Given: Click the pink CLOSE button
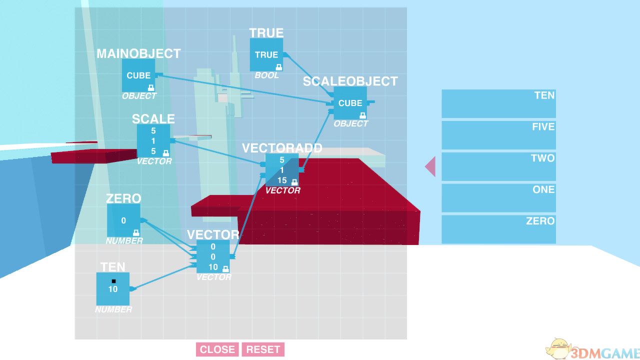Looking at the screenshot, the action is coord(217,349).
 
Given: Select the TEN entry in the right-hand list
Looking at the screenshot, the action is coord(498,103).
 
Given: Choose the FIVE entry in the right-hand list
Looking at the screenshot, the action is coord(498,135).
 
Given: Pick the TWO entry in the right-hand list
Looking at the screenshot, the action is coord(498,166).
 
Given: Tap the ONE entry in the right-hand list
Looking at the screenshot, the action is coord(498,197).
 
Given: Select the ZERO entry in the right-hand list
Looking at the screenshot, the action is coord(498,229).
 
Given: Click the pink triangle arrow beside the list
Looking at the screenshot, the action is coord(430,166).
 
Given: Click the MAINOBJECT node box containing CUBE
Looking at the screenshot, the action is coord(138,75).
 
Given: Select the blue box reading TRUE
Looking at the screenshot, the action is coord(266,54).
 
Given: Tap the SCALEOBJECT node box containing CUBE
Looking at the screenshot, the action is coord(350,103).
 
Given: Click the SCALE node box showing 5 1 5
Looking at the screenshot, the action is coord(153,140).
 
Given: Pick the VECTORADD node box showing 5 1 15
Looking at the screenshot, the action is coord(282,170).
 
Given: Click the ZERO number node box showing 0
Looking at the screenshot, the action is coord(123,220).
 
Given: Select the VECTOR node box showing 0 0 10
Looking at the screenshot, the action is coord(213,256).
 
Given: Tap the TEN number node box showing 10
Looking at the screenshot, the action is coord(113,289).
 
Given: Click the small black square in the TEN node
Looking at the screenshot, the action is coord(113,281).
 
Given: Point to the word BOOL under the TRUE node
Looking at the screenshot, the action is coord(266,75).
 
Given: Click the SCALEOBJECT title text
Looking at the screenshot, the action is coord(350,81).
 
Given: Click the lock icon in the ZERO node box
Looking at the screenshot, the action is coord(136,232).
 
